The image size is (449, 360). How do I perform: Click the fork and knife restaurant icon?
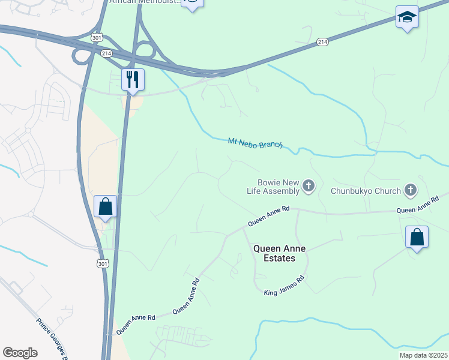click(133, 79)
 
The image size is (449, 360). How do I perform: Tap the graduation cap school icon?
click(407, 17)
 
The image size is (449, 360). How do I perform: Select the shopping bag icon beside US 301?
click(106, 206)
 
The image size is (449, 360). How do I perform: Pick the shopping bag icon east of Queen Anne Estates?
click(417, 237)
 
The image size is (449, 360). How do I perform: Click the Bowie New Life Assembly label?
click(277, 187)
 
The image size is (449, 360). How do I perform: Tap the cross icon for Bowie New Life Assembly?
click(309, 186)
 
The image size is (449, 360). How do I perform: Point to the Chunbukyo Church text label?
click(366, 191)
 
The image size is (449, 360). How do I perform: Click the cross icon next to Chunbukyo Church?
click(411, 191)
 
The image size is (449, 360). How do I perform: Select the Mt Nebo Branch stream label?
click(255, 144)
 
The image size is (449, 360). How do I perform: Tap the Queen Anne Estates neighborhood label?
click(275, 253)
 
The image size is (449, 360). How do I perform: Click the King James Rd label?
click(285, 286)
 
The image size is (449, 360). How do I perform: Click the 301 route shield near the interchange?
click(97, 37)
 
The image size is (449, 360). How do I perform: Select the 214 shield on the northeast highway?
click(323, 42)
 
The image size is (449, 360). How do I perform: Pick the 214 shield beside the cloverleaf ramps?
click(107, 53)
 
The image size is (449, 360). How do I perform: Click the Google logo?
click(20, 353)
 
